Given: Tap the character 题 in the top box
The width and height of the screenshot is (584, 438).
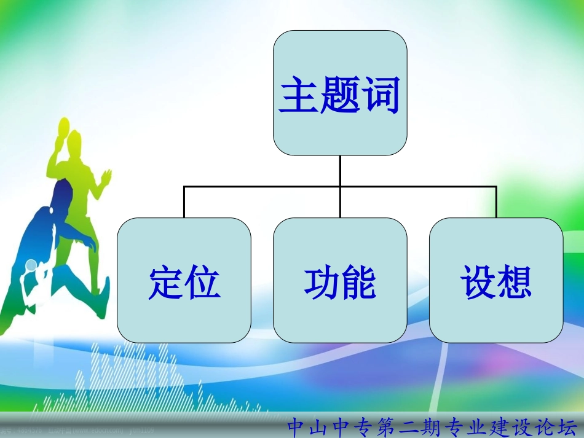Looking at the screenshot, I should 340,96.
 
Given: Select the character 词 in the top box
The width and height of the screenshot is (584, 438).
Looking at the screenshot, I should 381,96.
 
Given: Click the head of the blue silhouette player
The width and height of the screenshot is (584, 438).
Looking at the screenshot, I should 44,215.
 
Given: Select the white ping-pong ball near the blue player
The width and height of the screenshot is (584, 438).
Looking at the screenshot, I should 30,265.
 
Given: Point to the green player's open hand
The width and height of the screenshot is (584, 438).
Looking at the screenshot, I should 107,176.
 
